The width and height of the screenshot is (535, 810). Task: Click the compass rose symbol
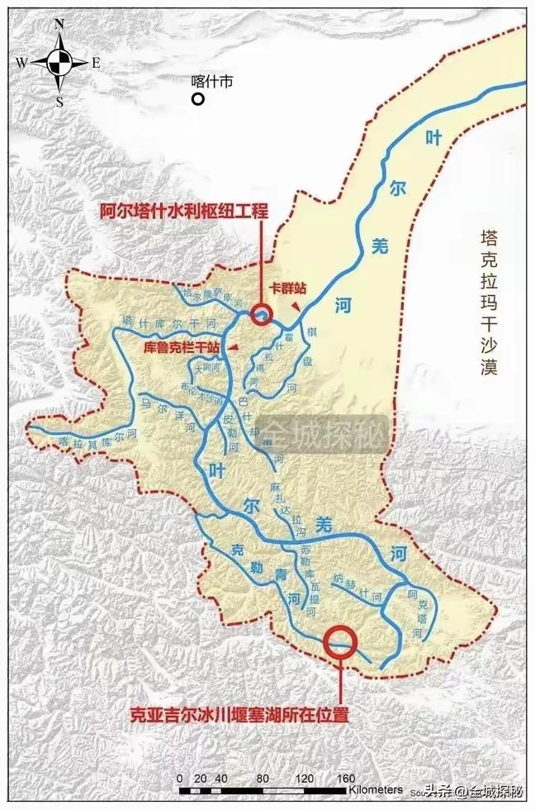click(58, 60)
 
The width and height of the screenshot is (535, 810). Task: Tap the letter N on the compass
click(59, 25)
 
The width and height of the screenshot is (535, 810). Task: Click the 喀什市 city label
click(212, 81)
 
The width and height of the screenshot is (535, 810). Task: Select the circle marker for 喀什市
click(198, 99)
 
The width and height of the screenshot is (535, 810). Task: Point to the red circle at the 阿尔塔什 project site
click(262, 313)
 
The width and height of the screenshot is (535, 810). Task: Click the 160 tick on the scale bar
click(346, 779)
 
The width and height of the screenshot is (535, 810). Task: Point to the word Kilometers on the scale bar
click(375, 790)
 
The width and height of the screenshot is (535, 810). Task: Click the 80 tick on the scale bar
click(263, 779)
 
